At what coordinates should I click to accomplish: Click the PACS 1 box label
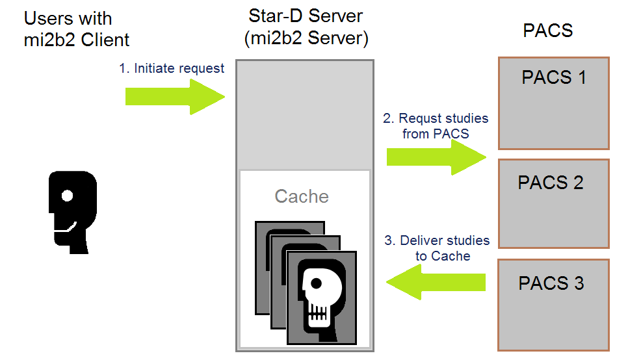pyautogui.click(x=553, y=78)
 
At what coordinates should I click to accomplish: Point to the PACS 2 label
pyautogui.click(x=551, y=183)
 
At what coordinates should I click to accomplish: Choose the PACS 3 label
pyautogui.click(x=551, y=283)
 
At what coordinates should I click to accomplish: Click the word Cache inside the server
pyautogui.click(x=302, y=196)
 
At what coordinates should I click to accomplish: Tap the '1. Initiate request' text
pyautogui.click(x=172, y=68)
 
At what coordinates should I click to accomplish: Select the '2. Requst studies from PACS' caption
pyautogui.click(x=436, y=126)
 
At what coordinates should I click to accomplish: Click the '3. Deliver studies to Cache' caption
pyautogui.click(x=437, y=248)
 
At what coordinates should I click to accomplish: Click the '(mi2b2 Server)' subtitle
pyautogui.click(x=306, y=38)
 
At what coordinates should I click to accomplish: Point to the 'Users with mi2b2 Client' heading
pyautogui.click(x=77, y=29)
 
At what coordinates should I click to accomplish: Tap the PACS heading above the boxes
pyautogui.click(x=547, y=31)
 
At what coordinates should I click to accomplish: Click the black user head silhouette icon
pyautogui.click(x=72, y=211)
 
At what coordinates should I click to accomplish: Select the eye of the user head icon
pyautogui.click(x=66, y=194)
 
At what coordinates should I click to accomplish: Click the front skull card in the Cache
pyautogui.click(x=322, y=297)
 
